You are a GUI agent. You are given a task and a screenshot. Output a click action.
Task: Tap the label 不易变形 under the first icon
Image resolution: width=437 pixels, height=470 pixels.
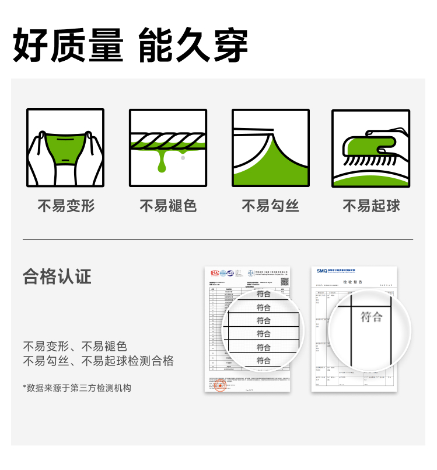(x=66, y=206)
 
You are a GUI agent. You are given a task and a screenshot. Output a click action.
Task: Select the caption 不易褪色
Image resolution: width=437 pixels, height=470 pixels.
(x=168, y=206)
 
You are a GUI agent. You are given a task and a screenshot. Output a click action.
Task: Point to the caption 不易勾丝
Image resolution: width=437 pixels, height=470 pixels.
(x=270, y=206)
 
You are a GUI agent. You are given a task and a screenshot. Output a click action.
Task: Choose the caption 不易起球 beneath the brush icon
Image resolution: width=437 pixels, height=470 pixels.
(x=371, y=206)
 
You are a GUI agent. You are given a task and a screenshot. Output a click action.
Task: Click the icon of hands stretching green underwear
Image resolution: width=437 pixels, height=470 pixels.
(x=65, y=148)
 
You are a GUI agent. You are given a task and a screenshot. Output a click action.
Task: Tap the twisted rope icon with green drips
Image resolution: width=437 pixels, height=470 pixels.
(x=168, y=148)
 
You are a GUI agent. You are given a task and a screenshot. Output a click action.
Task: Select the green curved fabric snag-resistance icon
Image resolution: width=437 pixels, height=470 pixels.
(x=270, y=148)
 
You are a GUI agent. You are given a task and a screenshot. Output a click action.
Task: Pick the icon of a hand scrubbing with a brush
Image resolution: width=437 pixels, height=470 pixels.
(x=371, y=148)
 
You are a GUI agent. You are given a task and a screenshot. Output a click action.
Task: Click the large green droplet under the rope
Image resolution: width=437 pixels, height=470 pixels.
(x=162, y=165)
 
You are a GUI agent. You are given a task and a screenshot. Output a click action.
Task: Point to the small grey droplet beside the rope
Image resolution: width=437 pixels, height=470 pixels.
(x=183, y=158)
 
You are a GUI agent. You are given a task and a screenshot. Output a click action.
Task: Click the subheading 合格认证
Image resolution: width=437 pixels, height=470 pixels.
(x=57, y=277)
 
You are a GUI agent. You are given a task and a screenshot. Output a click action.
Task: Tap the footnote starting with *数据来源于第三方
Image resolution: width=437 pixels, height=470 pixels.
(x=77, y=388)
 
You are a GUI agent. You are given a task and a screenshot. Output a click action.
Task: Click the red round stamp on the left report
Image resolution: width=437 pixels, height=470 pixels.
(x=220, y=386)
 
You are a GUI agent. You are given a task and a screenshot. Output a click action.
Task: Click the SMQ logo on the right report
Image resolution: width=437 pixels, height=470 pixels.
(x=322, y=271)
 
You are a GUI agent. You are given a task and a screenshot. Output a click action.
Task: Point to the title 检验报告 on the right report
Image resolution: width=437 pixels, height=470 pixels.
(x=352, y=282)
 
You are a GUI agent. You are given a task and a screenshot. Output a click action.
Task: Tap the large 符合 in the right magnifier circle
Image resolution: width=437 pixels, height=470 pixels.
(x=371, y=317)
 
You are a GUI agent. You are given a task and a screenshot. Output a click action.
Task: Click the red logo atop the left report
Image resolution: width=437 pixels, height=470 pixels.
(x=215, y=272)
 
